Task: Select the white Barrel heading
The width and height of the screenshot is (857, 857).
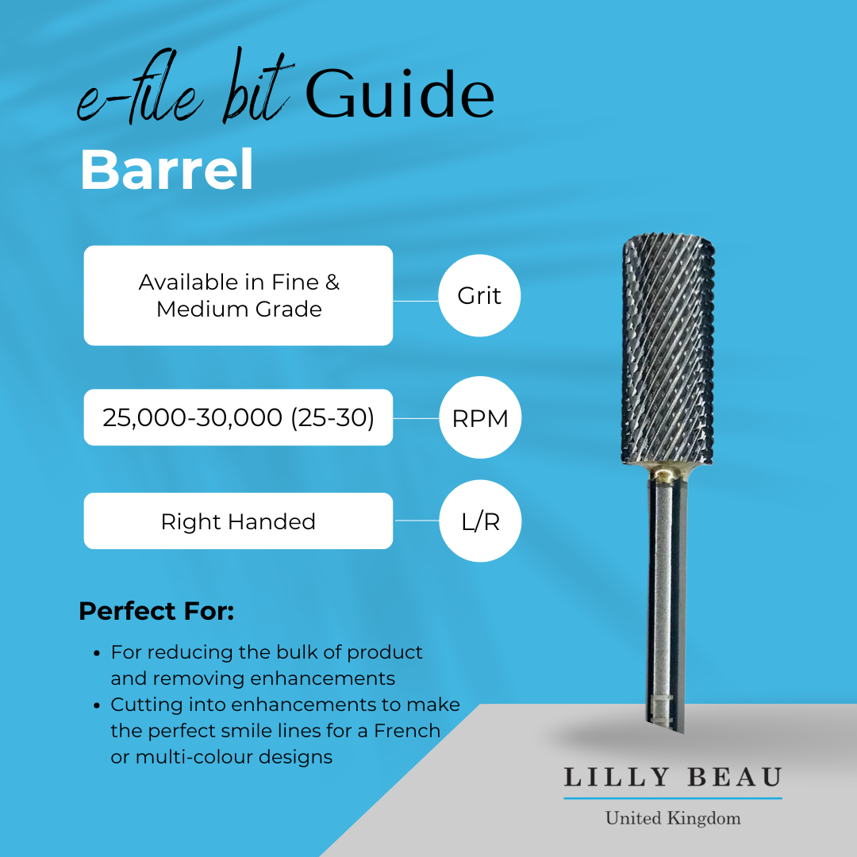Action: coord(167,169)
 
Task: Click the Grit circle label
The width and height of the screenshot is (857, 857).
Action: coord(479,296)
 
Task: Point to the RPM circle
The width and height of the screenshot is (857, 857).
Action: coord(479,418)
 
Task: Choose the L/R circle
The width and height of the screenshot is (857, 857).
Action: coord(479,521)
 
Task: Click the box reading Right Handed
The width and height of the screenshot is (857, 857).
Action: coord(238,521)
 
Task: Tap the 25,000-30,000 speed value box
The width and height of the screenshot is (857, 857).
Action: coord(238,417)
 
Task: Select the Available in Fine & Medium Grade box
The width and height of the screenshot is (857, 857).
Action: coord(238,295)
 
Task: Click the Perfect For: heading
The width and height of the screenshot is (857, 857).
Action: coord(156,611)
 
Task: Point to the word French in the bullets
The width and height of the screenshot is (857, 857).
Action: coord(407,730)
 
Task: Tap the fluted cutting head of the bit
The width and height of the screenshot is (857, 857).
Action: coord(668,349)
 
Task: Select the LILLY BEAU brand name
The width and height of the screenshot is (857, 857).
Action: coord(673,777)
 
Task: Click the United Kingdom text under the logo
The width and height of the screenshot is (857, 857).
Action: coord(673,818)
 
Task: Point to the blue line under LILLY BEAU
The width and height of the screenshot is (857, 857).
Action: coord(673,797)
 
